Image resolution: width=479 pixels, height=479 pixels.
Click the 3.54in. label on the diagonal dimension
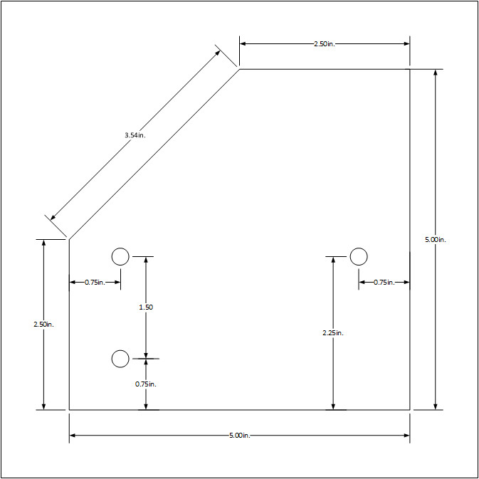coord(135,135)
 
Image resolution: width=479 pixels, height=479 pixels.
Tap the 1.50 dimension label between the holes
coord(146,307)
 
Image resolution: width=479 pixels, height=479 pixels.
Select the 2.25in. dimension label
coord(332,332)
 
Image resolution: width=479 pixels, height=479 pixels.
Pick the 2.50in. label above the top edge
coord(324,44)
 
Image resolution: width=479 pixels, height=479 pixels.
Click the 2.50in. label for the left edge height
coord(43,325)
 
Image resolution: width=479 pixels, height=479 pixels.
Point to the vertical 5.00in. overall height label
coord(435,240)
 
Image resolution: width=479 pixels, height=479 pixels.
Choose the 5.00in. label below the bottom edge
coord(239,435)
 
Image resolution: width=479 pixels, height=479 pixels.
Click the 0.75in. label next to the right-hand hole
coord(384,283)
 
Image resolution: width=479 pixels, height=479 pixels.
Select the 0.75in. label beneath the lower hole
coord(146,384)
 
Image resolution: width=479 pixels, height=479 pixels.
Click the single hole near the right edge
coord(359,256)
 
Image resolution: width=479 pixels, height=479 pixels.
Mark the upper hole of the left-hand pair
coord(120,256)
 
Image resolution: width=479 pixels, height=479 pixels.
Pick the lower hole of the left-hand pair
coord(120,359)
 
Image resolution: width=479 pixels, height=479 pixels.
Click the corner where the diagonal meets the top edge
coord(239,69)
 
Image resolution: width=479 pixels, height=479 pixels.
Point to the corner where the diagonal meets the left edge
coord(69,239)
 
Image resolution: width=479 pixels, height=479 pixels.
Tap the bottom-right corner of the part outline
coord(410,410)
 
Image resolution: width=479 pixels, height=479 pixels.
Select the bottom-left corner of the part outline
coord(69,410)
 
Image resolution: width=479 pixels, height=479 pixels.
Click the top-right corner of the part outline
coord(410,69)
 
